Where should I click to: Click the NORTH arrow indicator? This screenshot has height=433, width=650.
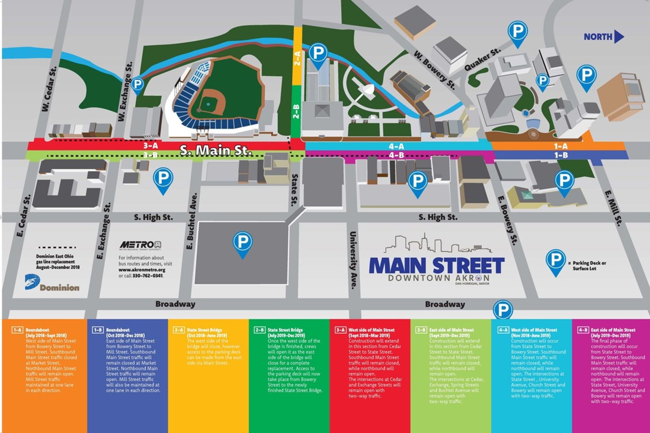click(x=603, y=37)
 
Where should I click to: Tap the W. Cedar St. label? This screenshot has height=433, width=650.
click(x=49, y=89)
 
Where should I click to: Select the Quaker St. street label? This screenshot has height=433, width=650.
click(x=482, y=59)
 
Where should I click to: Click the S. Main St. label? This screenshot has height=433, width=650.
click(x=216, y=150)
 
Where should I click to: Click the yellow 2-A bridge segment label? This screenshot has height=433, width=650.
click(x=297, y=58)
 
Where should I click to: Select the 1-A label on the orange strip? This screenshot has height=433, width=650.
click(x=561, y=146)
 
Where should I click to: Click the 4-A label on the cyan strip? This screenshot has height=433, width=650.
click(x=396, y=146)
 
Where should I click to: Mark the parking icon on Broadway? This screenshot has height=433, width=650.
click(x=503, y=310)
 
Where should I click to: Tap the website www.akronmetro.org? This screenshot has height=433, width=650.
click(x=142, y=270)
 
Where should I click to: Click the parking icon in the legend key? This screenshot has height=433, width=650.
click(x=555, y=260)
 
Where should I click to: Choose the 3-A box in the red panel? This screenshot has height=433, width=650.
click(x=340, y=330)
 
